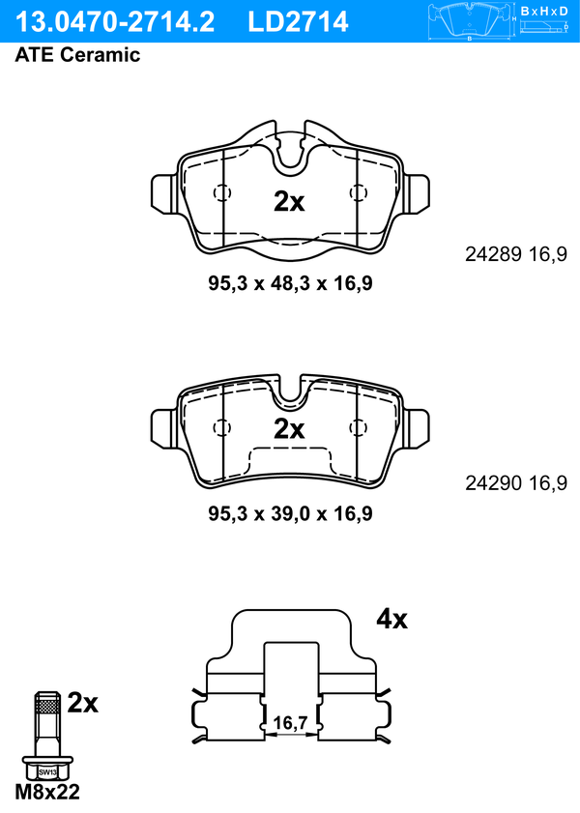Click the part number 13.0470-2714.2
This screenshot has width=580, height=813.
(114, 22)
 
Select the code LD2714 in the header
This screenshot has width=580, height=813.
(298, 22)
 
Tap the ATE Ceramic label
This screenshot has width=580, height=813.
(77, 55)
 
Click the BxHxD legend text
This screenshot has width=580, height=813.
(543, 11)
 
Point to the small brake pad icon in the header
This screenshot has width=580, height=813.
(470, 21)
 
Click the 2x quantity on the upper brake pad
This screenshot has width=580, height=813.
(289, 202)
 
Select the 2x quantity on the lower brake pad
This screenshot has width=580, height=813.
(289, 429)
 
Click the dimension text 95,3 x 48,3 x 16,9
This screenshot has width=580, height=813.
(290, 283)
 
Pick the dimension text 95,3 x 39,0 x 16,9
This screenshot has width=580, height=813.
(290, 513)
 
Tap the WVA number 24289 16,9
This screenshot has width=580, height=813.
(516, 254)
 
